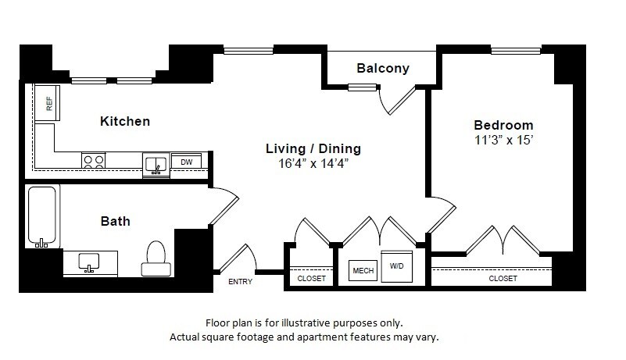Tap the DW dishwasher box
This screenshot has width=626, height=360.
[186, 162]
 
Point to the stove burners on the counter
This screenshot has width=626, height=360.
[95, 161]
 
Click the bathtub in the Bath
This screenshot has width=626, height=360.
[42, 216]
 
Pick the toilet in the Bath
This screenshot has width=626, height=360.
[155, 258]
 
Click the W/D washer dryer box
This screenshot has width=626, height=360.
[396, 266]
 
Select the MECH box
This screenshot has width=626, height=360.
[362, 270]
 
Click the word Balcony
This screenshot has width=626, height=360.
[383, 69]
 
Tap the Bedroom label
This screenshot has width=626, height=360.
[503, 125]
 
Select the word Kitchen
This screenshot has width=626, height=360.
[125, 122]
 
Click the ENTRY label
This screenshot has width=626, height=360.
[240, 281]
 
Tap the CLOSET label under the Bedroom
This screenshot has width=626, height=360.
[503, 278]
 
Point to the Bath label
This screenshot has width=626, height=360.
[115, 221]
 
